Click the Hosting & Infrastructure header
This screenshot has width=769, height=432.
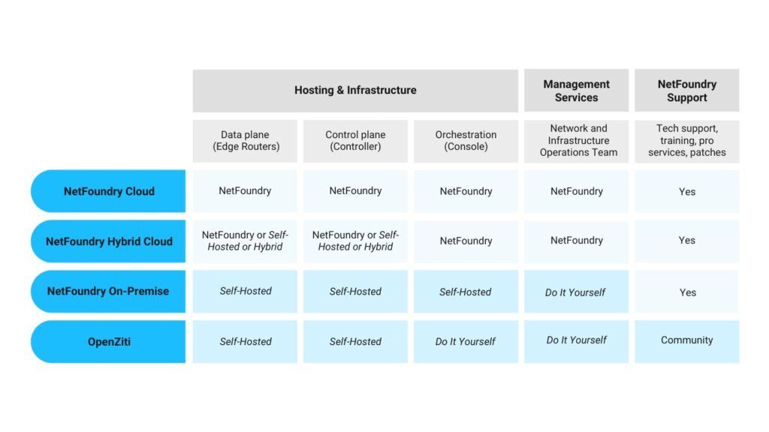coord(355,90)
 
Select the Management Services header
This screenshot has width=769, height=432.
coord(576,91)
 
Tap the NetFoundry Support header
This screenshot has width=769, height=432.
coord(686,91)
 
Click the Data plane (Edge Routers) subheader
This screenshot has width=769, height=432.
coord(246,141)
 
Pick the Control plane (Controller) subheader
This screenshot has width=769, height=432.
coord(355,141)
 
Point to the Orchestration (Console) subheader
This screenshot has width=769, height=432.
coord(466,141)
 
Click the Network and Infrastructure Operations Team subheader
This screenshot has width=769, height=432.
coord(576,141)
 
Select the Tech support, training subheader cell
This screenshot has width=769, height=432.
coord(686,141)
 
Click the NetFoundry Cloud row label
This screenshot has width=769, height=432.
coord(109,191)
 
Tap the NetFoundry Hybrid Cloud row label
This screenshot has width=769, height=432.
coord(109,241)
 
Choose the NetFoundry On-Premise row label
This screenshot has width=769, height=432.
coord(108,291)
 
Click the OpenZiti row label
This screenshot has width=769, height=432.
coord(109,341)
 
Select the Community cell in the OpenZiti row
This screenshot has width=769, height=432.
coord(686,340)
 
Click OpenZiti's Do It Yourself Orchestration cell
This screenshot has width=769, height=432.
coord(466,341)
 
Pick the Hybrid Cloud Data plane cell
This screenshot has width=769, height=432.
coord(246,241)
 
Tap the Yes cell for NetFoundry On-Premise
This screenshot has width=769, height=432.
coord(686,292)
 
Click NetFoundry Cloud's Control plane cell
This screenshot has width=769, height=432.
coord(355,191)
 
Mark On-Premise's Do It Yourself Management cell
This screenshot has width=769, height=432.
coord(576,292)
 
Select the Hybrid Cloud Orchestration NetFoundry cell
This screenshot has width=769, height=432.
coord(466,241)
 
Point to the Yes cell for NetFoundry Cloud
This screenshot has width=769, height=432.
coord(686,191)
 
